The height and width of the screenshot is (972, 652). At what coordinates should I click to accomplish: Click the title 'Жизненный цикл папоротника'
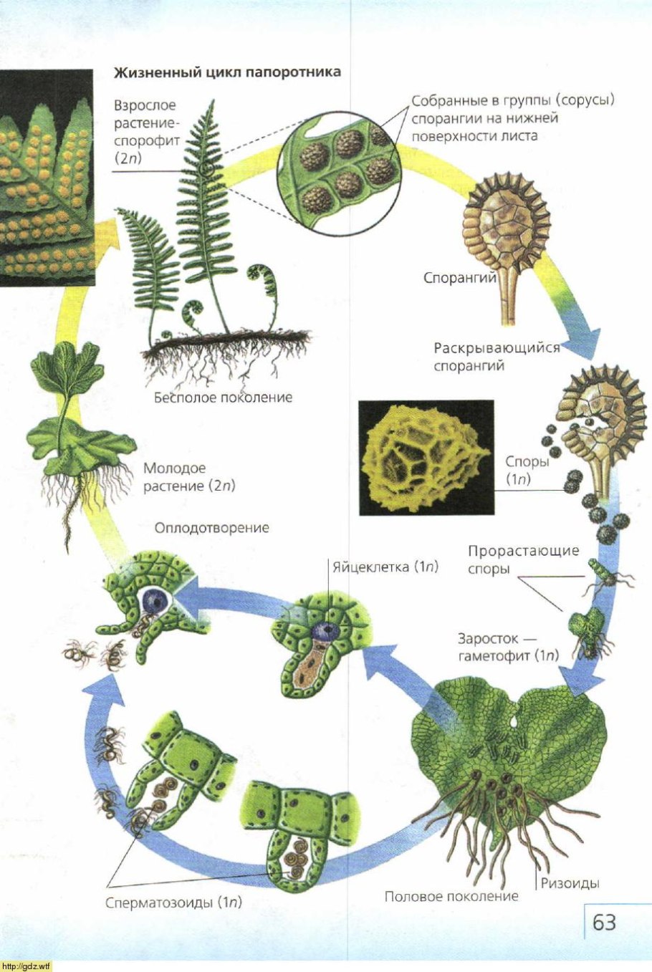pos(227,72)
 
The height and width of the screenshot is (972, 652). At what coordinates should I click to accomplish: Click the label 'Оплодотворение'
pos(212,528)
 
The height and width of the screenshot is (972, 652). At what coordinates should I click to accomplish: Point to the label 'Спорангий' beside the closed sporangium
pos(460,278)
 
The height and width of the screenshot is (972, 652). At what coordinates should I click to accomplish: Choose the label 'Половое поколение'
pos(451,897)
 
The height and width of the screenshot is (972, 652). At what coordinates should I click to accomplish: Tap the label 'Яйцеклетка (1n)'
pos(385,567)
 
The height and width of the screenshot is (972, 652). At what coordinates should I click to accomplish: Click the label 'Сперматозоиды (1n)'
pos(173,903)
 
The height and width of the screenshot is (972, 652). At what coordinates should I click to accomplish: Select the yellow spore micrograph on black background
pos(427,458)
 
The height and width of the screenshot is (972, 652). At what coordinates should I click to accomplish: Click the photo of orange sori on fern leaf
pos(47,178)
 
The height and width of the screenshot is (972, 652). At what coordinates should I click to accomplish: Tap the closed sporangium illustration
pos(506,243)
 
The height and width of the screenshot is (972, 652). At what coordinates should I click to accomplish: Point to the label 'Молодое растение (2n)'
pos(189,477)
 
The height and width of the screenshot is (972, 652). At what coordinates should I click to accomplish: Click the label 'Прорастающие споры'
pos(524,559)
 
